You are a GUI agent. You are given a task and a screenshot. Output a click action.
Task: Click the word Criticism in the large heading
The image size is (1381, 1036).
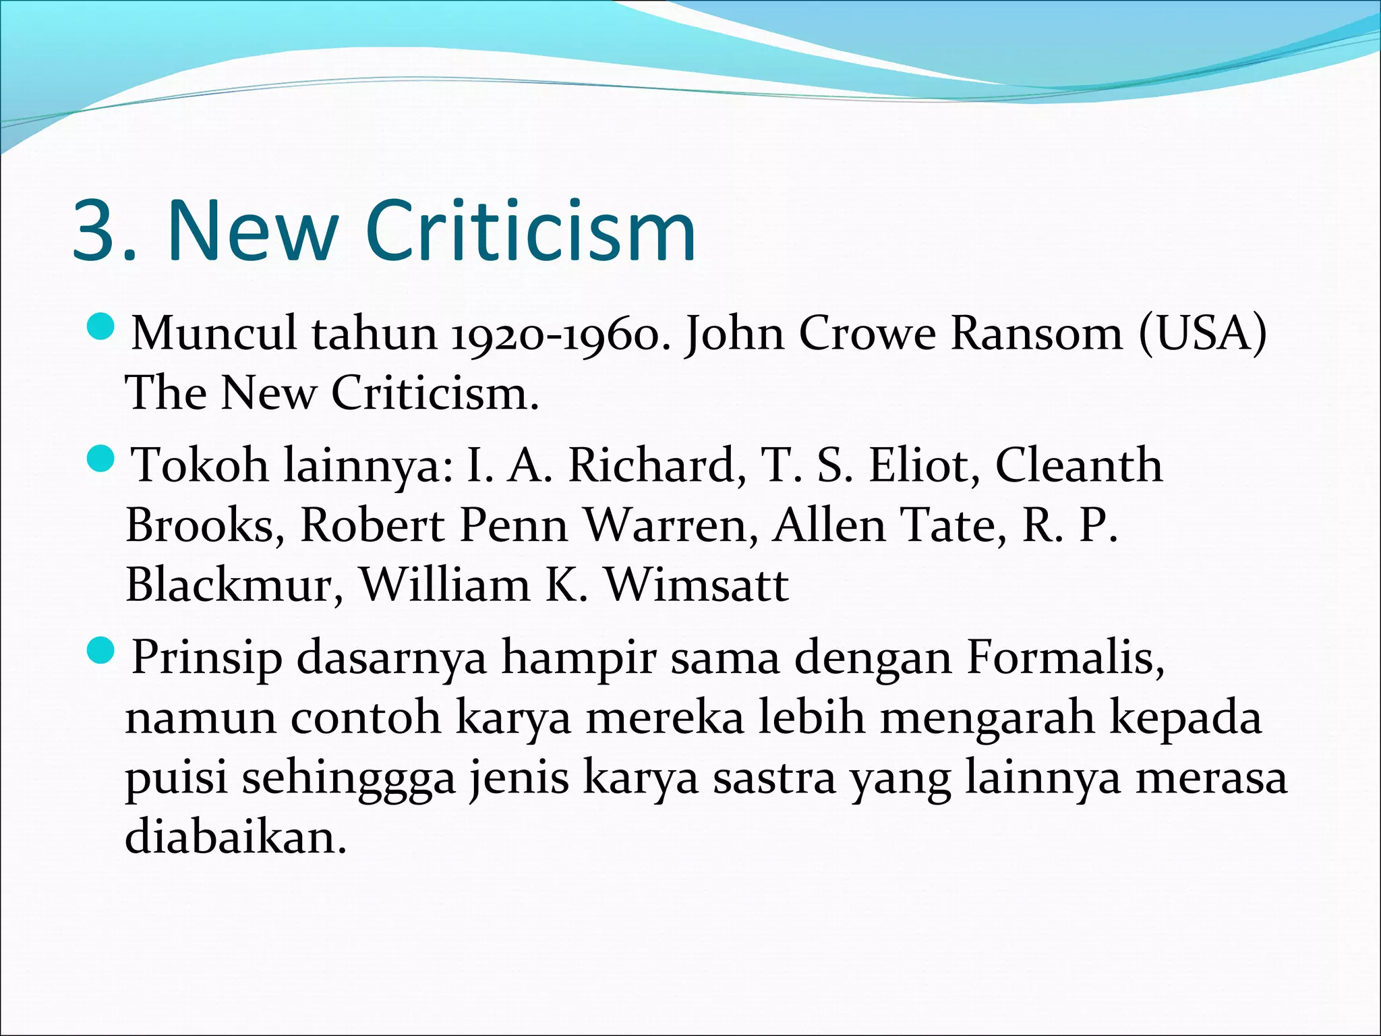[x=531, y=231]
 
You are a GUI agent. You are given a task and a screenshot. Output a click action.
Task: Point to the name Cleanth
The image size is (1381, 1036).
[x=1079, y=466]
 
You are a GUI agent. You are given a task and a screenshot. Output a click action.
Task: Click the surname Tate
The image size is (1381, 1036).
[x=953, y=525]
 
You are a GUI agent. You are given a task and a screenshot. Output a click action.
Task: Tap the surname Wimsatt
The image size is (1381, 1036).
[x=696, y=585]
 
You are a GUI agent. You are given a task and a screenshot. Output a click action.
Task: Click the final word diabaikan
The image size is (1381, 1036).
[x=235, y=837]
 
